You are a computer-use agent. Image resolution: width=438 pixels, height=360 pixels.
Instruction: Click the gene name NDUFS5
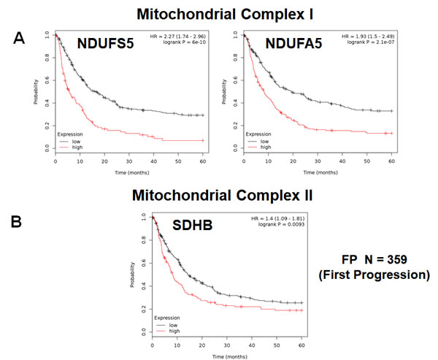105,43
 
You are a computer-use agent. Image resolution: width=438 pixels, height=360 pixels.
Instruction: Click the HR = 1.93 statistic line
368,36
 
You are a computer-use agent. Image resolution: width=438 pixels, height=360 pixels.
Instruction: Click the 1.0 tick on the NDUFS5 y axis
47,34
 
